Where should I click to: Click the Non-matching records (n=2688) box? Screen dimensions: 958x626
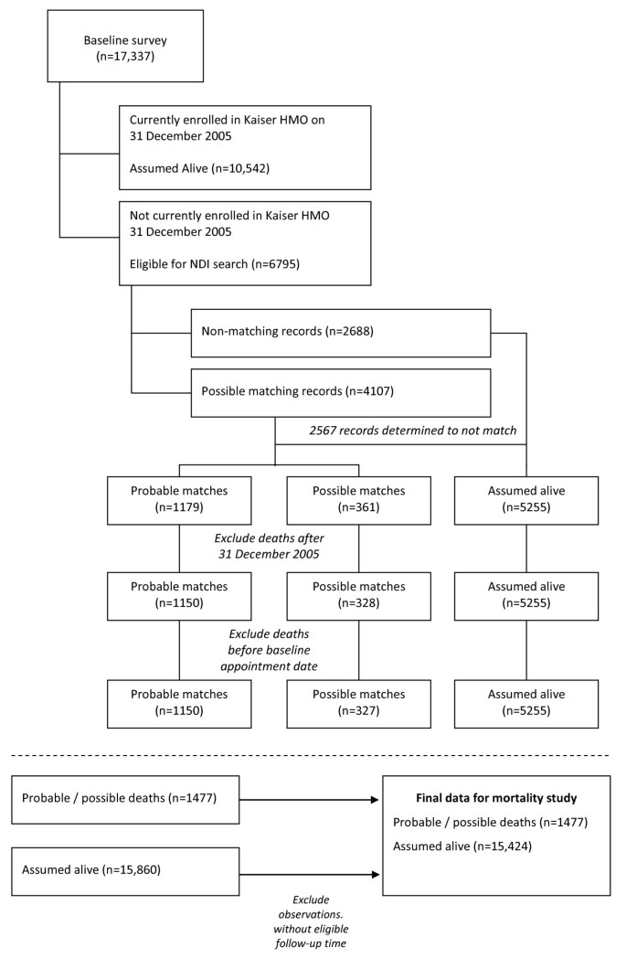pyautogui.click(x=340, y=333)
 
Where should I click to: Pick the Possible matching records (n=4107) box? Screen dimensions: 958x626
pyautogui.click(x=340, y=392)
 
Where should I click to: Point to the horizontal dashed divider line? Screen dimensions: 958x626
pyautogui.click(x=313, y=756)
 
